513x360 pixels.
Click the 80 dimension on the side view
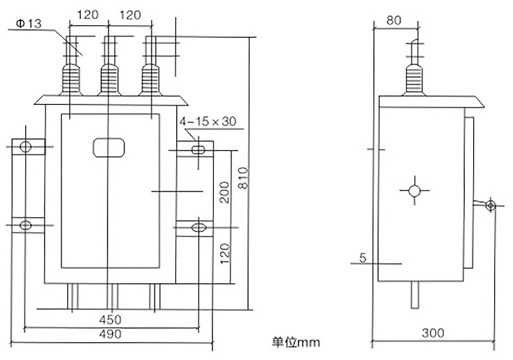393,21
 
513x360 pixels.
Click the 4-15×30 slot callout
208,122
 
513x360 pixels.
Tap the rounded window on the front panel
108,147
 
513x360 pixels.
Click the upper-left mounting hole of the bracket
26,147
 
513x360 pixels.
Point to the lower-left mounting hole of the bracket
26,225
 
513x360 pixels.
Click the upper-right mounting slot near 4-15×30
198,147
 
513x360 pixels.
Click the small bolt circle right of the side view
491,206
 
